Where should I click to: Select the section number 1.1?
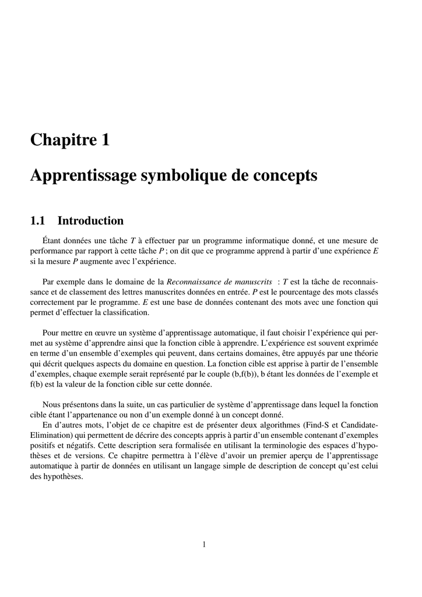click(38, 221)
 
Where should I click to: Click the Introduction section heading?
click(90, 221)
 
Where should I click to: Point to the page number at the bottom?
click(204, 545)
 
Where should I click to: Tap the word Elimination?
click(51, 436)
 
